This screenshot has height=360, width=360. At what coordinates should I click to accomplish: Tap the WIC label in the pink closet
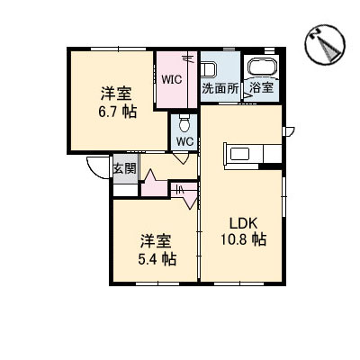172,77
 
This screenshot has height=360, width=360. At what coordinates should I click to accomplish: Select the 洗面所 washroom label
220,88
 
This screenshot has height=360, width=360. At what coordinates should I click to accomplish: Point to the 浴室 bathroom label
262,88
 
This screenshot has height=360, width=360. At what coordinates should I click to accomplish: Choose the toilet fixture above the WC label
184,123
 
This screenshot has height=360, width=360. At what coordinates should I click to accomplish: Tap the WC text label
184,141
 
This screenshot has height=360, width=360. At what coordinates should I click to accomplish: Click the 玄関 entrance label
124,168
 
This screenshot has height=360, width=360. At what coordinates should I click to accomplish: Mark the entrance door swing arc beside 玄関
97,167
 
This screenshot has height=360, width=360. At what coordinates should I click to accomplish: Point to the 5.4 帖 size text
157,258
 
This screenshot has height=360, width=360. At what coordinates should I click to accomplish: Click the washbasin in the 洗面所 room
208,68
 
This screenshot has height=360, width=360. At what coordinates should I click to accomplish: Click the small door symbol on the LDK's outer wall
289,133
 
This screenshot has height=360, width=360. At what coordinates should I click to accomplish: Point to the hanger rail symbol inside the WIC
188,58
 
